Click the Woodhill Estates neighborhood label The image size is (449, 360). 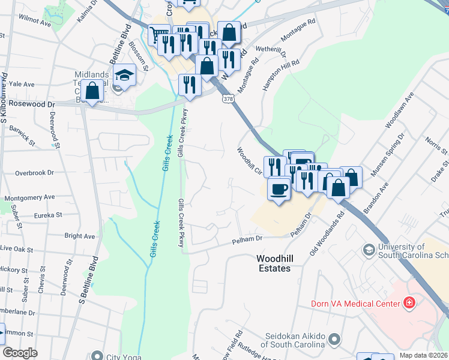tap(273, 263)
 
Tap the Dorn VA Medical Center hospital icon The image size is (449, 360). tap(411, 302)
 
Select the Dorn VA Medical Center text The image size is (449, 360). tap(355, 303)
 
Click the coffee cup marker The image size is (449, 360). tap(279, 190)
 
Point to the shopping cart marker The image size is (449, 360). tap(158, 36)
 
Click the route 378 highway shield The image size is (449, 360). tap(228, 98)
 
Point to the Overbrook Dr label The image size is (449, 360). tap(34, 173)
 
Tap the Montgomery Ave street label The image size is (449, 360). tap(29, 197)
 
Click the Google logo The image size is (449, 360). tap(20, 352)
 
